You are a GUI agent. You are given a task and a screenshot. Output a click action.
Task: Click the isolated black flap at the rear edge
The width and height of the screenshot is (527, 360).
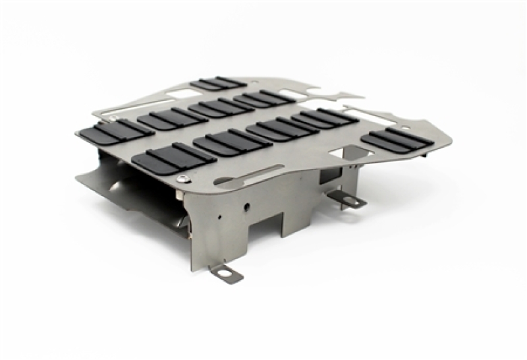217,84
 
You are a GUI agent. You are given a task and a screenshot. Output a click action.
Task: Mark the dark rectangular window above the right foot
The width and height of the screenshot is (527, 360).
327,176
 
